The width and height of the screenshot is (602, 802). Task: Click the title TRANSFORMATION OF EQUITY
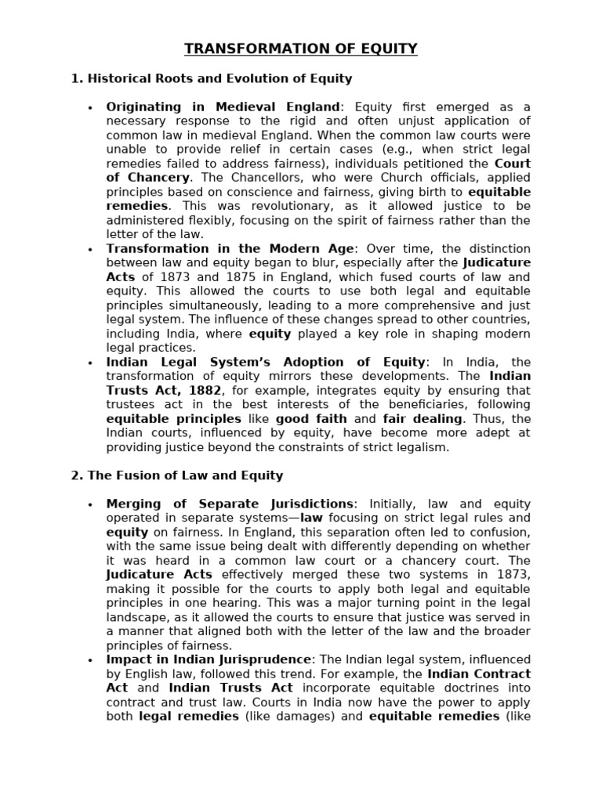[301, 49]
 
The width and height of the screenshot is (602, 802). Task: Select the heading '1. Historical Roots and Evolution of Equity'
[212, 78]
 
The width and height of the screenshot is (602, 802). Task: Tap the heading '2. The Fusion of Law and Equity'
[177, 475]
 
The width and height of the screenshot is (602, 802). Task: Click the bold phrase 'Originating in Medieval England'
[223, 107]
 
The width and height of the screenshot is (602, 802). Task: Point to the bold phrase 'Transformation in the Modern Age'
[230, 249]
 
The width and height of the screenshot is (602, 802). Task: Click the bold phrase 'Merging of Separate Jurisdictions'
[230, 504]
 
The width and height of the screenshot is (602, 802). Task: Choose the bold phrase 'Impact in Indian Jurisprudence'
[209, 659]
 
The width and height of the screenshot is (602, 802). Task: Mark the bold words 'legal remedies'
[188, 716]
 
